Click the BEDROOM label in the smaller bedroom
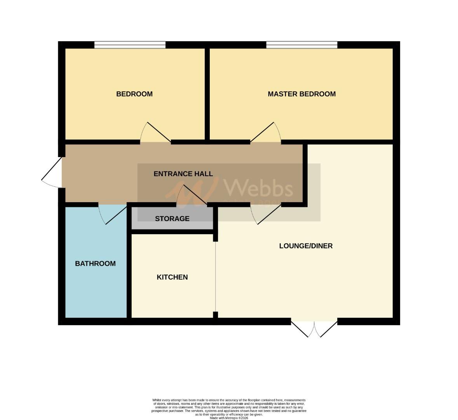[x=134, y=94]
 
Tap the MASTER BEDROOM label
[x=301, y=94]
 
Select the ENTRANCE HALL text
[x=183, y=174]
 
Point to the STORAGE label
[x=172, y=219]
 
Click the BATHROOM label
[x=95, y=263]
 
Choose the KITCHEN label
[x=172, y=277]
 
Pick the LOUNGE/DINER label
[x=306, y=246]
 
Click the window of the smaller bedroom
[x=130, y=45]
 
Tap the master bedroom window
[x=301, y=45]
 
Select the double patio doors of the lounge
[x=314, y=327]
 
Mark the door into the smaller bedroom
[x=155, y=133]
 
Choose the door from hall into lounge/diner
[x=266, y=214]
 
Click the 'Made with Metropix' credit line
[x=229, y=418]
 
